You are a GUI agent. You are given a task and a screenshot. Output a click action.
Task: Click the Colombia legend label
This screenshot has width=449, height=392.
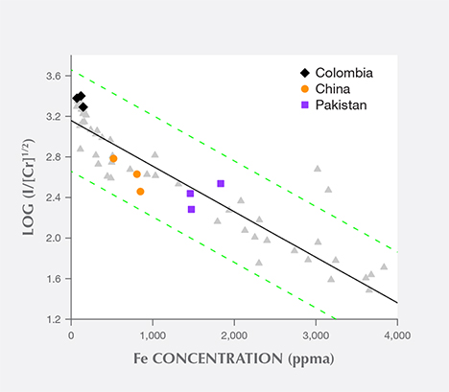click(343, 73)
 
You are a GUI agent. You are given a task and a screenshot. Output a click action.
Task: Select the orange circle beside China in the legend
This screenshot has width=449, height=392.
click(305, 88)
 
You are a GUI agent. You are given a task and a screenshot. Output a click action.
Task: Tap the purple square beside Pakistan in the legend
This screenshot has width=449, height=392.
click(305, 104)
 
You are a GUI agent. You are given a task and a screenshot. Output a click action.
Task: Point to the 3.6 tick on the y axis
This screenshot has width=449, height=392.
click(56, 76)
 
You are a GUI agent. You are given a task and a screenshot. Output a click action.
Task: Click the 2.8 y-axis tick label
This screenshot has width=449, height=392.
click(56, 157)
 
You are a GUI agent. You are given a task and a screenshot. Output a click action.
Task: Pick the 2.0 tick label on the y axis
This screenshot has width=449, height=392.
click(56, 238)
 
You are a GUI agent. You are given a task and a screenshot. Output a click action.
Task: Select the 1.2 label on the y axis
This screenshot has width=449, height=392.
click(56, 319)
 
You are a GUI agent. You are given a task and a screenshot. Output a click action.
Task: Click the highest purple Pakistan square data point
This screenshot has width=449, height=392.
click(221, 183)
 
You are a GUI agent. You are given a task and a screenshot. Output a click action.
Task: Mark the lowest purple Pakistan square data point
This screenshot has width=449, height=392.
click(191, 209)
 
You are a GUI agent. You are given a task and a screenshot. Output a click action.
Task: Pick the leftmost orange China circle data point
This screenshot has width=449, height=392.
click(113, 158)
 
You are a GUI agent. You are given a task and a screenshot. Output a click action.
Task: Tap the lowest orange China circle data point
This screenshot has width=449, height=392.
click(140, 192)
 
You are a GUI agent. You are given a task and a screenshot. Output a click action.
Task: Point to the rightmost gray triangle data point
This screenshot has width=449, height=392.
click(384, 266)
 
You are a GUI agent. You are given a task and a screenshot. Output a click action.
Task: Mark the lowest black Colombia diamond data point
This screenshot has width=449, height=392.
click(83, 107)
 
